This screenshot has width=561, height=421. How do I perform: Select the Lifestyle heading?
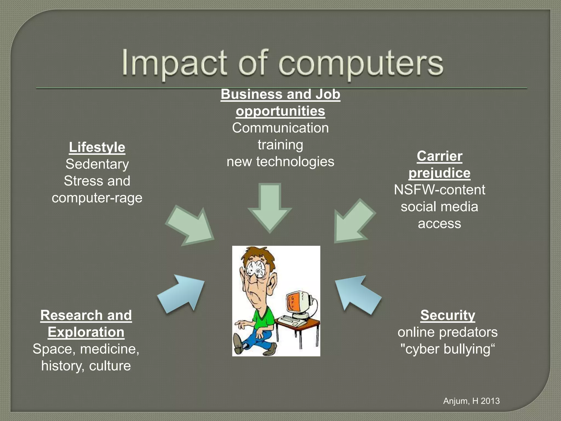(97, 147)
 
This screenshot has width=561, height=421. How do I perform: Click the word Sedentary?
(97, 164)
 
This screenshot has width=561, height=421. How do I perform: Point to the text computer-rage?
(97, 198)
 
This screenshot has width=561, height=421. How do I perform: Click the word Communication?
(280, 128)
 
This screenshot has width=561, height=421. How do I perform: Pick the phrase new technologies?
(280, 162)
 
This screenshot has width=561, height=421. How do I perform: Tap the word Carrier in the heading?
(439, 156)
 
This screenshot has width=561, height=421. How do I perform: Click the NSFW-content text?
(439, 190)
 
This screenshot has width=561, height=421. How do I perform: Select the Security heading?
(448, 315)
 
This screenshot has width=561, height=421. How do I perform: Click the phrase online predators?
(448, 332)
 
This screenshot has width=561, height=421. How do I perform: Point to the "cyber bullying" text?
(448, 349)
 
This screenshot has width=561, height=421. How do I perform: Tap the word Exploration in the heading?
(86, 332)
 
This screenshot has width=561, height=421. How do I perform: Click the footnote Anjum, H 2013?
(471, 401)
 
